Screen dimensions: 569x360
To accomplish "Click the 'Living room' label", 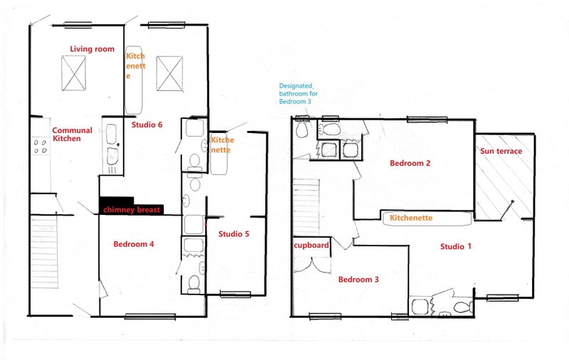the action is [x=92, y=49].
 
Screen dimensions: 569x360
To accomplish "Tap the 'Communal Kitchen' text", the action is [x=72, y=134].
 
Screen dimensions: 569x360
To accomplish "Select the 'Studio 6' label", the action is [x=147, y=125].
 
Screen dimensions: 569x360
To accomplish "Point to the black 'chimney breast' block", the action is [x=131, y=206].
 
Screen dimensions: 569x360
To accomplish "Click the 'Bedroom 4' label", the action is [x=134, y=244].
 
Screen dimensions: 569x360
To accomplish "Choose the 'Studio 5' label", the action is [x=234, y=234].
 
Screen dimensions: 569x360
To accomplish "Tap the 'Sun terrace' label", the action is [x=501, y=152].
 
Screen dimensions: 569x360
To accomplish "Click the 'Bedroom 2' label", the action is [x=410, y=164].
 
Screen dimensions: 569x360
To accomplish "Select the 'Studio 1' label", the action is [x=456, y=247].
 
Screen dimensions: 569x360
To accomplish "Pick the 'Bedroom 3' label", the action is [x=358, y=280].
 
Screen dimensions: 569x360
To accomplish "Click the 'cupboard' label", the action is [x=312, y=245].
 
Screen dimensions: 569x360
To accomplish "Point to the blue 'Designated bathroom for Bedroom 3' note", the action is [x=298, y=94].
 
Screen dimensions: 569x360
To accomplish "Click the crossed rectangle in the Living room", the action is [x=73, y=73].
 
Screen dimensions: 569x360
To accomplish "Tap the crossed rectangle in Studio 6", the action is [x=169, y=74].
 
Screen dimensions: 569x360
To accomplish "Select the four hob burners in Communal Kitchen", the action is [x=40, y=146].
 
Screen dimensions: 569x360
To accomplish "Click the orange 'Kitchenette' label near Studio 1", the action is [x=411, y=218].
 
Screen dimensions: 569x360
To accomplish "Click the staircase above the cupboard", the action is [x=307, y=207].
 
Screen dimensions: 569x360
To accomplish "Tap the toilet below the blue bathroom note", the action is [x=302, y=129].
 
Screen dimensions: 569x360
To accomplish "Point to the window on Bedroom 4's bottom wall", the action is [x=150, y=317].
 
